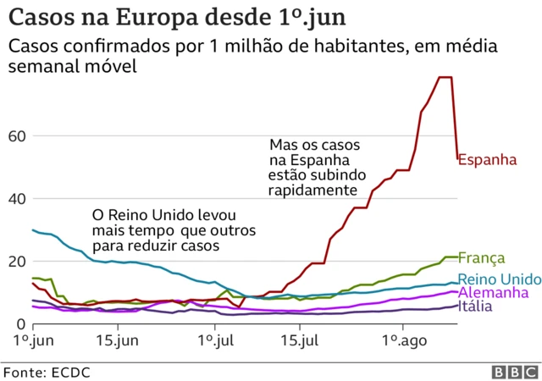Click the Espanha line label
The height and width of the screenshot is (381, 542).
coord(487,158)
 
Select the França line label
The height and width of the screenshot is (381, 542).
coord(482,258)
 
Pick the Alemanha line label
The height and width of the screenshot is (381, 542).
coord(492,292)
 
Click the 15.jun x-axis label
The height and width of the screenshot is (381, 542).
coord(116,341)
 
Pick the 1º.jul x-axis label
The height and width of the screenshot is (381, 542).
coord(215,341)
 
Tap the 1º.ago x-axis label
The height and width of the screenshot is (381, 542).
coord(401,341)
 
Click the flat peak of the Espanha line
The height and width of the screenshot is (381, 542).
coord(445,77)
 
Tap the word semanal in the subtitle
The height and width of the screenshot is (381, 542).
coord(43,66)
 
